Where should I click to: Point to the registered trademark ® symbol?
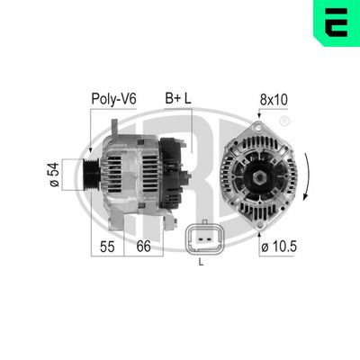284,121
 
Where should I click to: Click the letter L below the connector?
200,263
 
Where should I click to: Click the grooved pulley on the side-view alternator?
92,170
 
